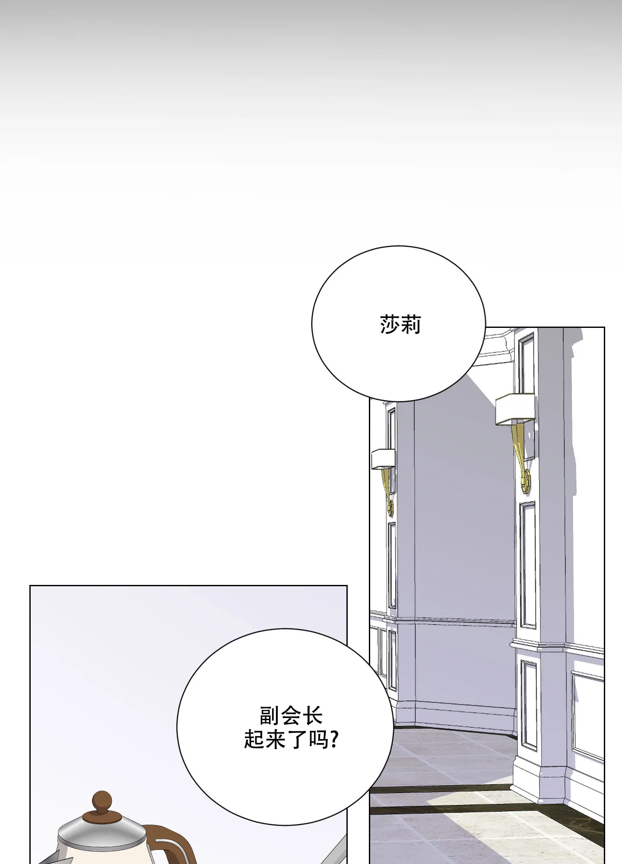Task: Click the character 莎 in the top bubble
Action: coord(390,324)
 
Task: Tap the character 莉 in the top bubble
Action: coord(411,324)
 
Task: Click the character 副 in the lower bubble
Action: coord(270,716)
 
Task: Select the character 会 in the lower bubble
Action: coord(291,716)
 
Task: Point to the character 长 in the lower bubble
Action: coord(312,716)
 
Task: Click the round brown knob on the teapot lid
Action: coord(102,801)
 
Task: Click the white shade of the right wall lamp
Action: coord(514,409)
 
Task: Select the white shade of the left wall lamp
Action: coord(383,459)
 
